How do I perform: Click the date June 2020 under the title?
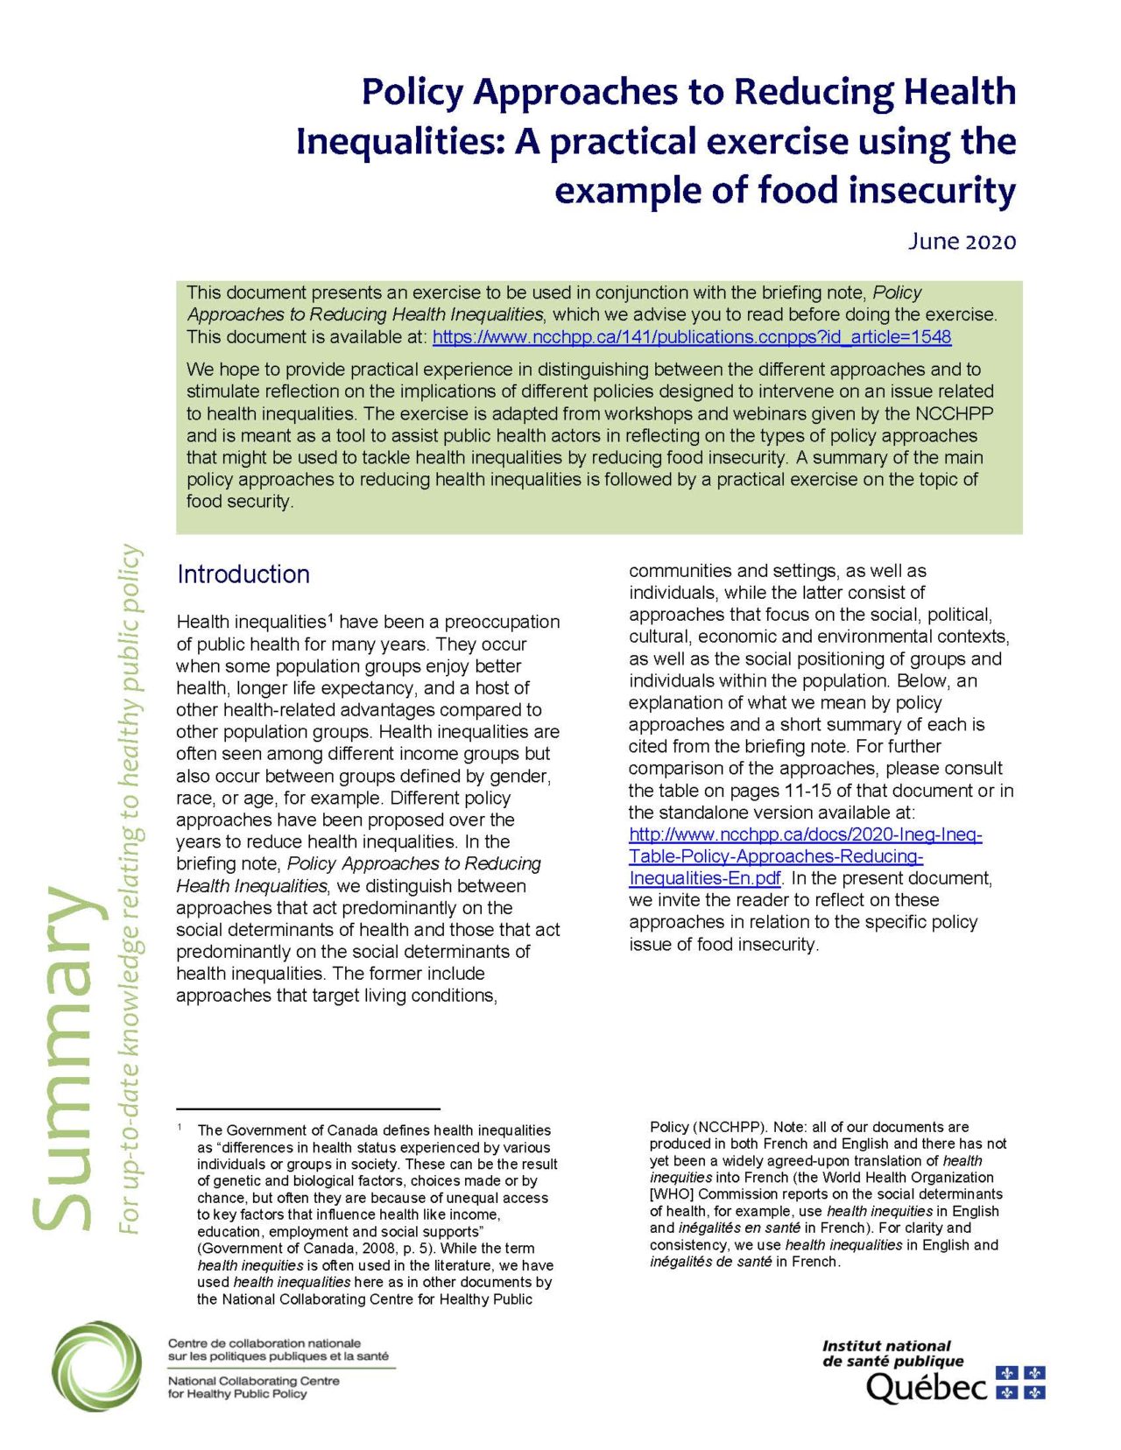(x=961, y=242)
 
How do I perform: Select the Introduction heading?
(x=243, y=574)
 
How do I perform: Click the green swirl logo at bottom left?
(x=95, y=1365)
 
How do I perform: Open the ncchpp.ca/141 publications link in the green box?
(x=691, y=337)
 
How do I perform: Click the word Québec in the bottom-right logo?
(x=927, y=1387)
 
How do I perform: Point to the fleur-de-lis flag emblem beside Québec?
(x=1021, y=1383)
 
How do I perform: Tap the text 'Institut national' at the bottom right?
(x=886, y=1346)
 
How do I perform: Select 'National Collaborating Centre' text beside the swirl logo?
(x=253, y=1381)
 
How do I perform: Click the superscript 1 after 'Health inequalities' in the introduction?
(x=330, y=619)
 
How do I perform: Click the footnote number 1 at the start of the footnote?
(x=180, y=1128)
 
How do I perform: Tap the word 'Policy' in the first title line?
(x=412, y=92)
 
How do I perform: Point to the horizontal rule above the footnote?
(x=307, y=1109)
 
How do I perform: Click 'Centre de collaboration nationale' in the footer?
(x=264, y=1343)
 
